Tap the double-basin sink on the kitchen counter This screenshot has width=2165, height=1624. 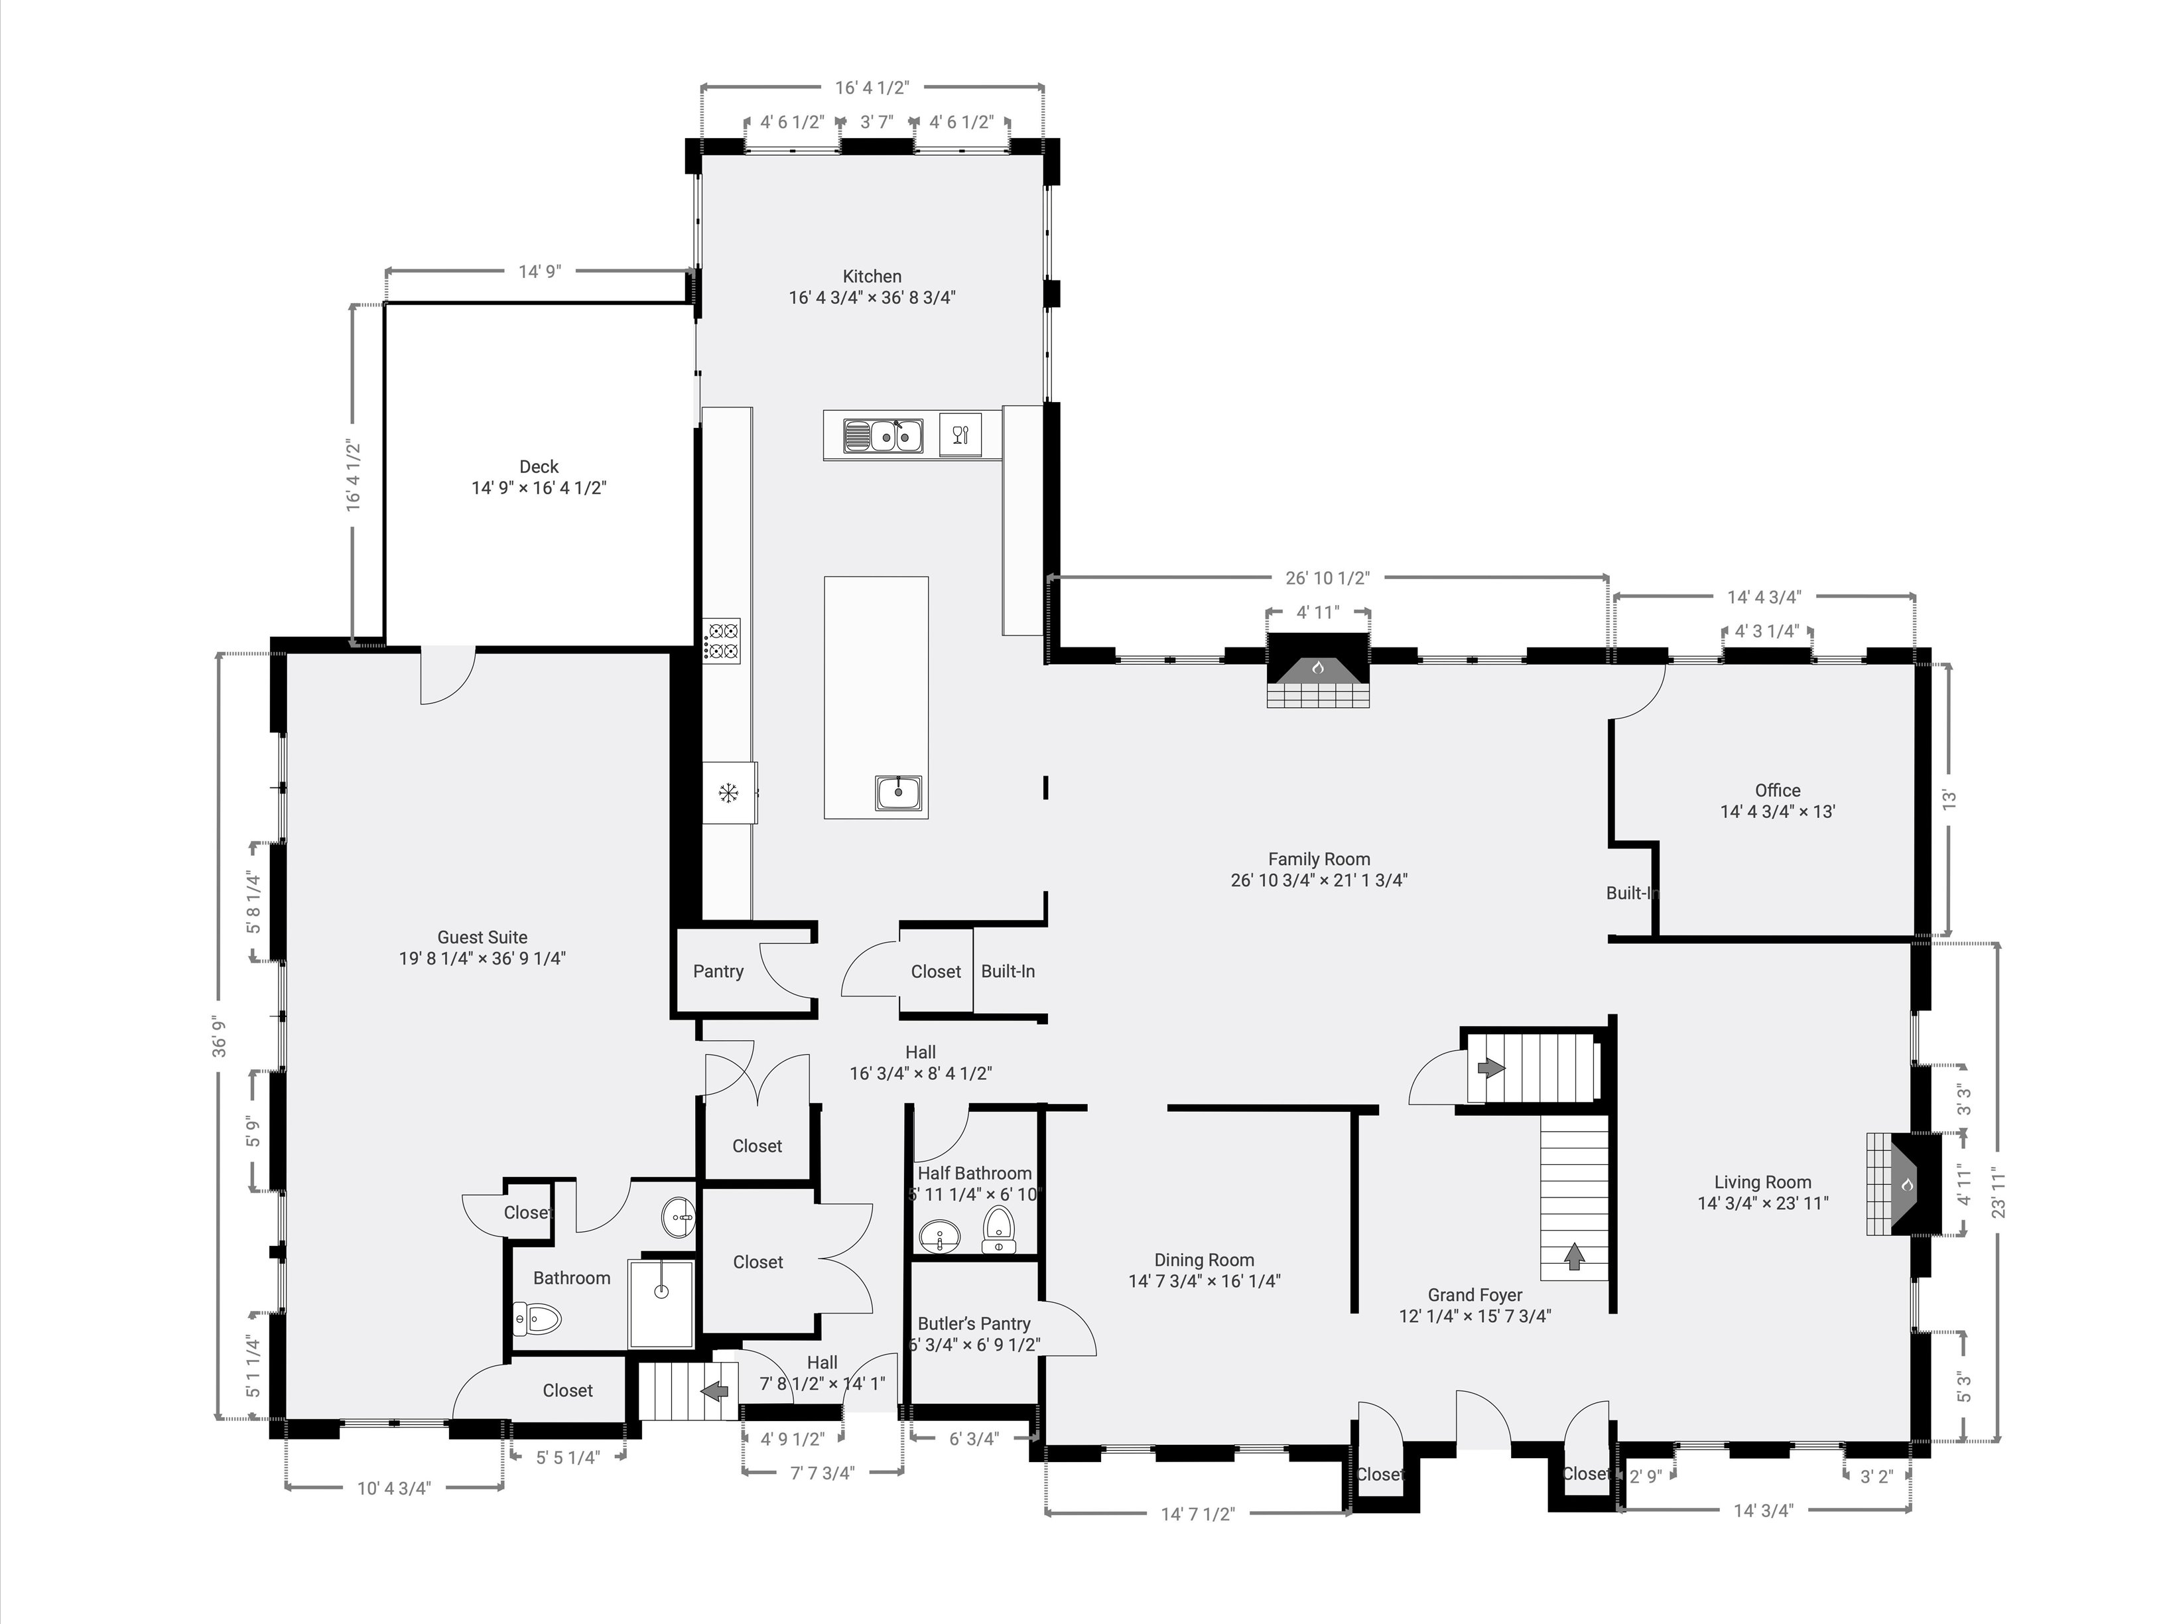coord(884,435)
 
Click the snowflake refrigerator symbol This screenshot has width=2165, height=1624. coord(728,793)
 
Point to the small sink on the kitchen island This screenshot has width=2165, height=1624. coord(899,792)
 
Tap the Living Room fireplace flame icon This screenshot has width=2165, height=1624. coord(1906,1185)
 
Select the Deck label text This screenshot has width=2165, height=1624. coord(539,467)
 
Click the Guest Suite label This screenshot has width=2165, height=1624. coord(482,937)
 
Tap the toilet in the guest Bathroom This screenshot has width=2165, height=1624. coord(537,1319)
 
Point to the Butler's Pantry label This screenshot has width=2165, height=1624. coord(974,1323)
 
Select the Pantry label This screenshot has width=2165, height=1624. coord(718,971)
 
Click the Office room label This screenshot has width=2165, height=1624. coord(1778,790)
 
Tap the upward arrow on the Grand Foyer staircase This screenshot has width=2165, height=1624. coord(1574,1256)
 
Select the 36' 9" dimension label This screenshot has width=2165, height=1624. coord(220,1038)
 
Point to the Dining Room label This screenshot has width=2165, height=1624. coord(1204,1260)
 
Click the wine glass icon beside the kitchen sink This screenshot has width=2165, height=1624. coord(960,435)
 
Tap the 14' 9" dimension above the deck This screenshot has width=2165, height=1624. coord(539,271)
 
